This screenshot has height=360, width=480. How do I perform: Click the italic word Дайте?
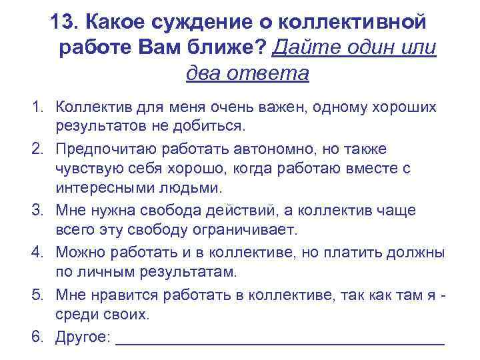[303, 48]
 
